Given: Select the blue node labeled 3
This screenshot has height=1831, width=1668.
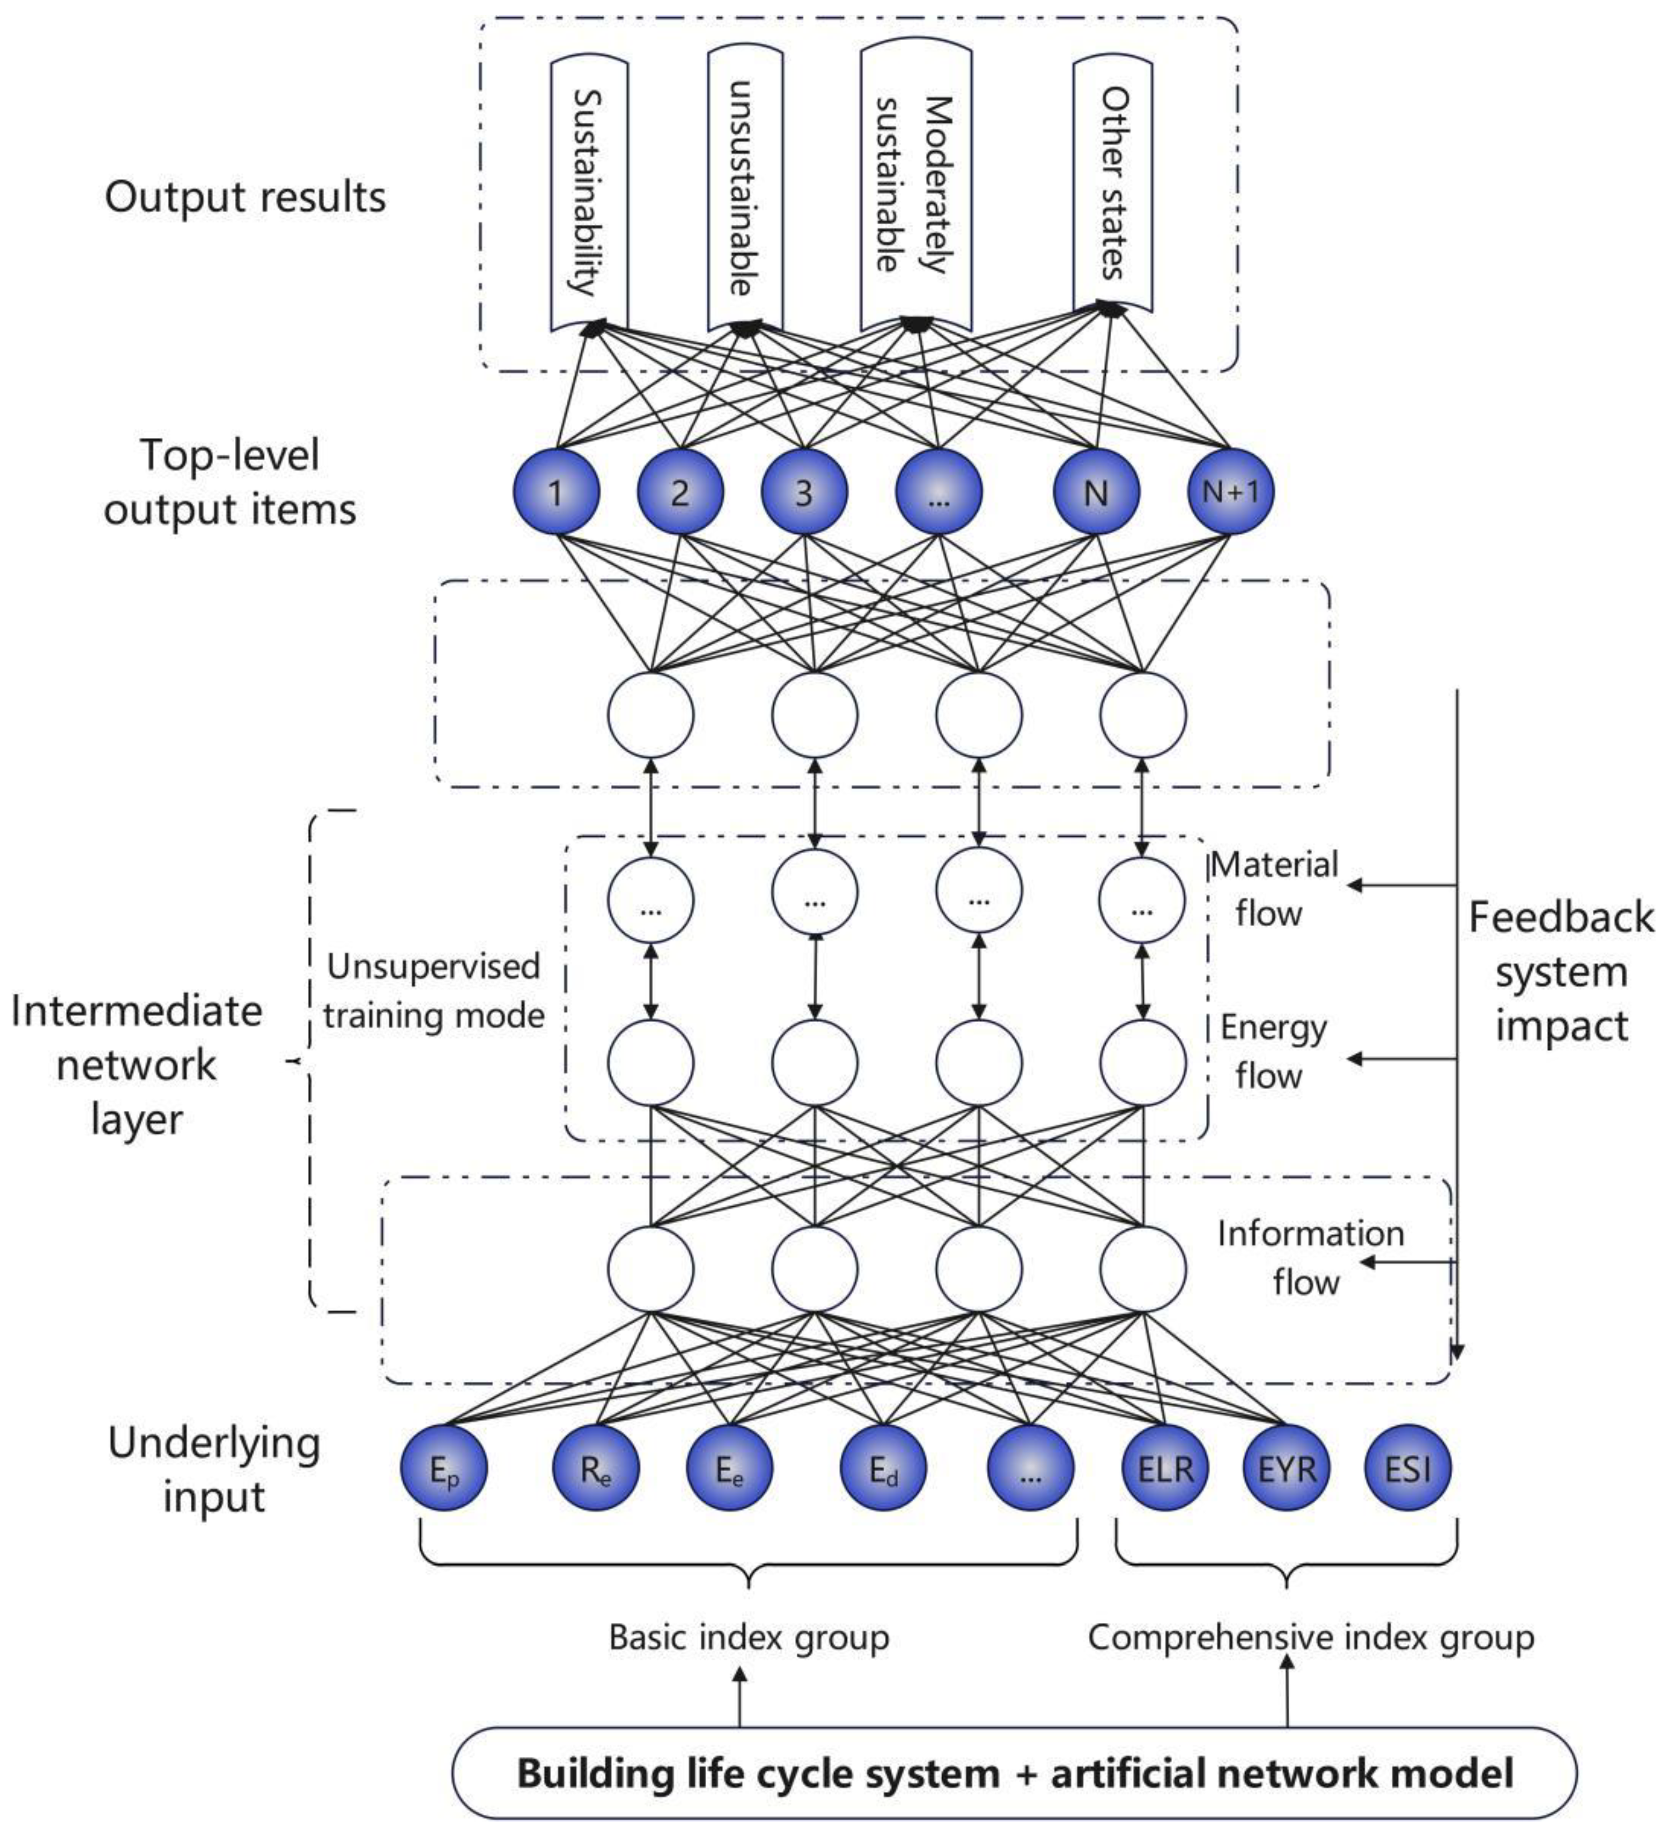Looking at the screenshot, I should point(803,492).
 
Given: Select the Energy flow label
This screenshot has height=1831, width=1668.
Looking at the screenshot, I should point(1271,1051).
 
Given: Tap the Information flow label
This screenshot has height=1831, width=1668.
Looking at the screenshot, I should point(1309,1258).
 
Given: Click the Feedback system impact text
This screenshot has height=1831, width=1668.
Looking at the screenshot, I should point(1561,972).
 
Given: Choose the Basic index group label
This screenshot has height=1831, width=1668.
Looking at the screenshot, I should point(748,1637).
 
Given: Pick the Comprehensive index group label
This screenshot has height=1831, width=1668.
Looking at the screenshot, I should point(1310,1637).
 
